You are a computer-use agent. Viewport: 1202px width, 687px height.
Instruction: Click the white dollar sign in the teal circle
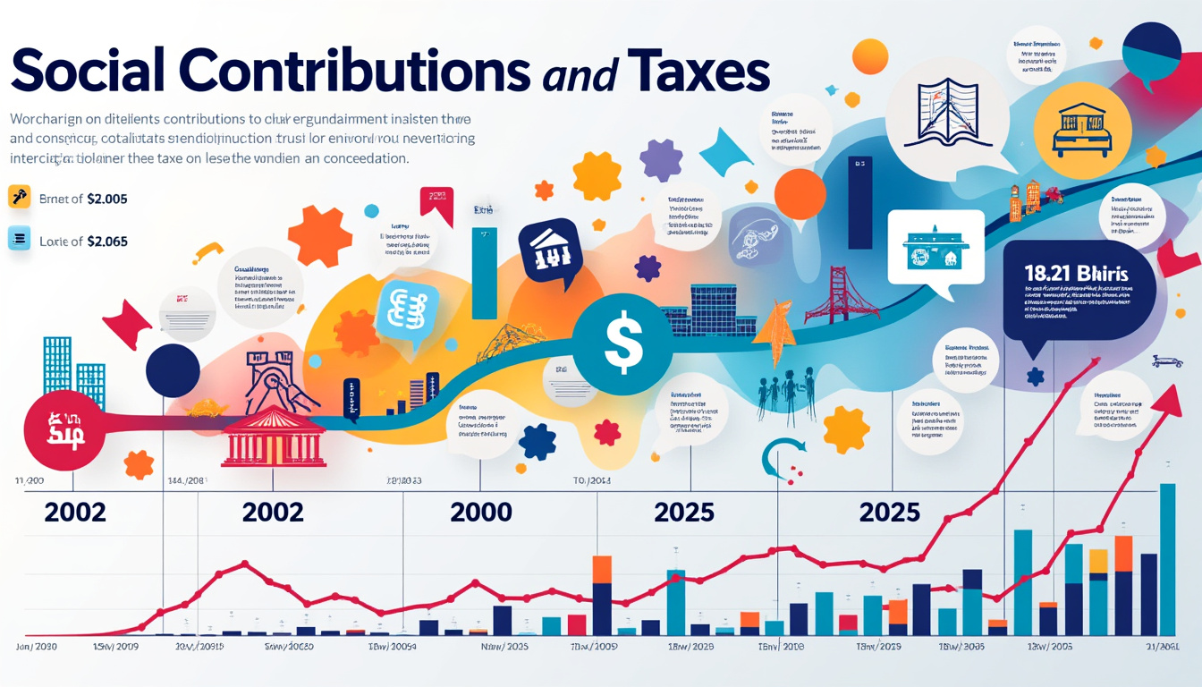(623, 344)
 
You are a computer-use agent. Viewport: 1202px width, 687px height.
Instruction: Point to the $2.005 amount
(106, 199)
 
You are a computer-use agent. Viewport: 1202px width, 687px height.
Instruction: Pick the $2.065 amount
(106, 241)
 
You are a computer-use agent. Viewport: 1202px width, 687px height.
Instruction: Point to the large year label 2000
(482, 512)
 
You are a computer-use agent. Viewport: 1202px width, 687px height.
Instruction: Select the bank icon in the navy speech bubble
(549, 250)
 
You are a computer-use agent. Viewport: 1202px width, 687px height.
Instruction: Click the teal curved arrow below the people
(775, 457)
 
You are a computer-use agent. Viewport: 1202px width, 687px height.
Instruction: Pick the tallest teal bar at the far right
(1167, 558)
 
